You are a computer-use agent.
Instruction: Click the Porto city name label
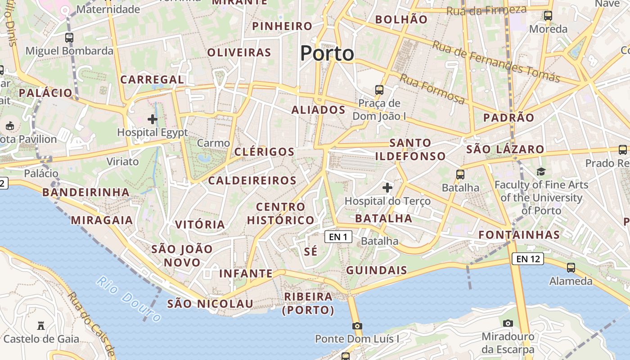[x=327, y=54]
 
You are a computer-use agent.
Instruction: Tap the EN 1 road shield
[x=338, y=236]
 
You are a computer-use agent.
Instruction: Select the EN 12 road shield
[x=528, y=259]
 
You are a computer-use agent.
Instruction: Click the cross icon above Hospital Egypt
[x=153, y=119]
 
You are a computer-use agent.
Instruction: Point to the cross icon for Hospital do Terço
[x=387, y=187]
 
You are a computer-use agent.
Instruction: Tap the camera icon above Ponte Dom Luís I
[x=357, y=326]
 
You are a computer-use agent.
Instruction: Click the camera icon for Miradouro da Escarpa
[x=508, y=323]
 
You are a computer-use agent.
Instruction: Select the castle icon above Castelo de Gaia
[x=41, y=325]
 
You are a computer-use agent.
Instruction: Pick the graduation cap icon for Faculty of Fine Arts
[x=541, y=171]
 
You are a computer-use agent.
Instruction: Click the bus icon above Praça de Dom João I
[x=379, y=90]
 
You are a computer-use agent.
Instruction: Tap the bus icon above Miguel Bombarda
[x=69, y=38]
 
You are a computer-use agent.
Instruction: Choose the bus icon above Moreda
[x=548, y=16]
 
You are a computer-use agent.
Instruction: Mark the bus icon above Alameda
[x=571, y=267]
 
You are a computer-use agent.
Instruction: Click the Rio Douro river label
[x=129, y=299]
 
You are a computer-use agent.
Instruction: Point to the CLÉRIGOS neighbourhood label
[x=264, y=152]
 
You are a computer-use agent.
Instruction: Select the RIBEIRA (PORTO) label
[x=308, y=303]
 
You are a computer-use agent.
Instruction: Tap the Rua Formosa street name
[x=432, y=89]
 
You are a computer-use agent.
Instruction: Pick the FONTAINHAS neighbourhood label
[x=519, y=234]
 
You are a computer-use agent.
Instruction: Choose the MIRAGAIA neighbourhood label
[x=102, y=220]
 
